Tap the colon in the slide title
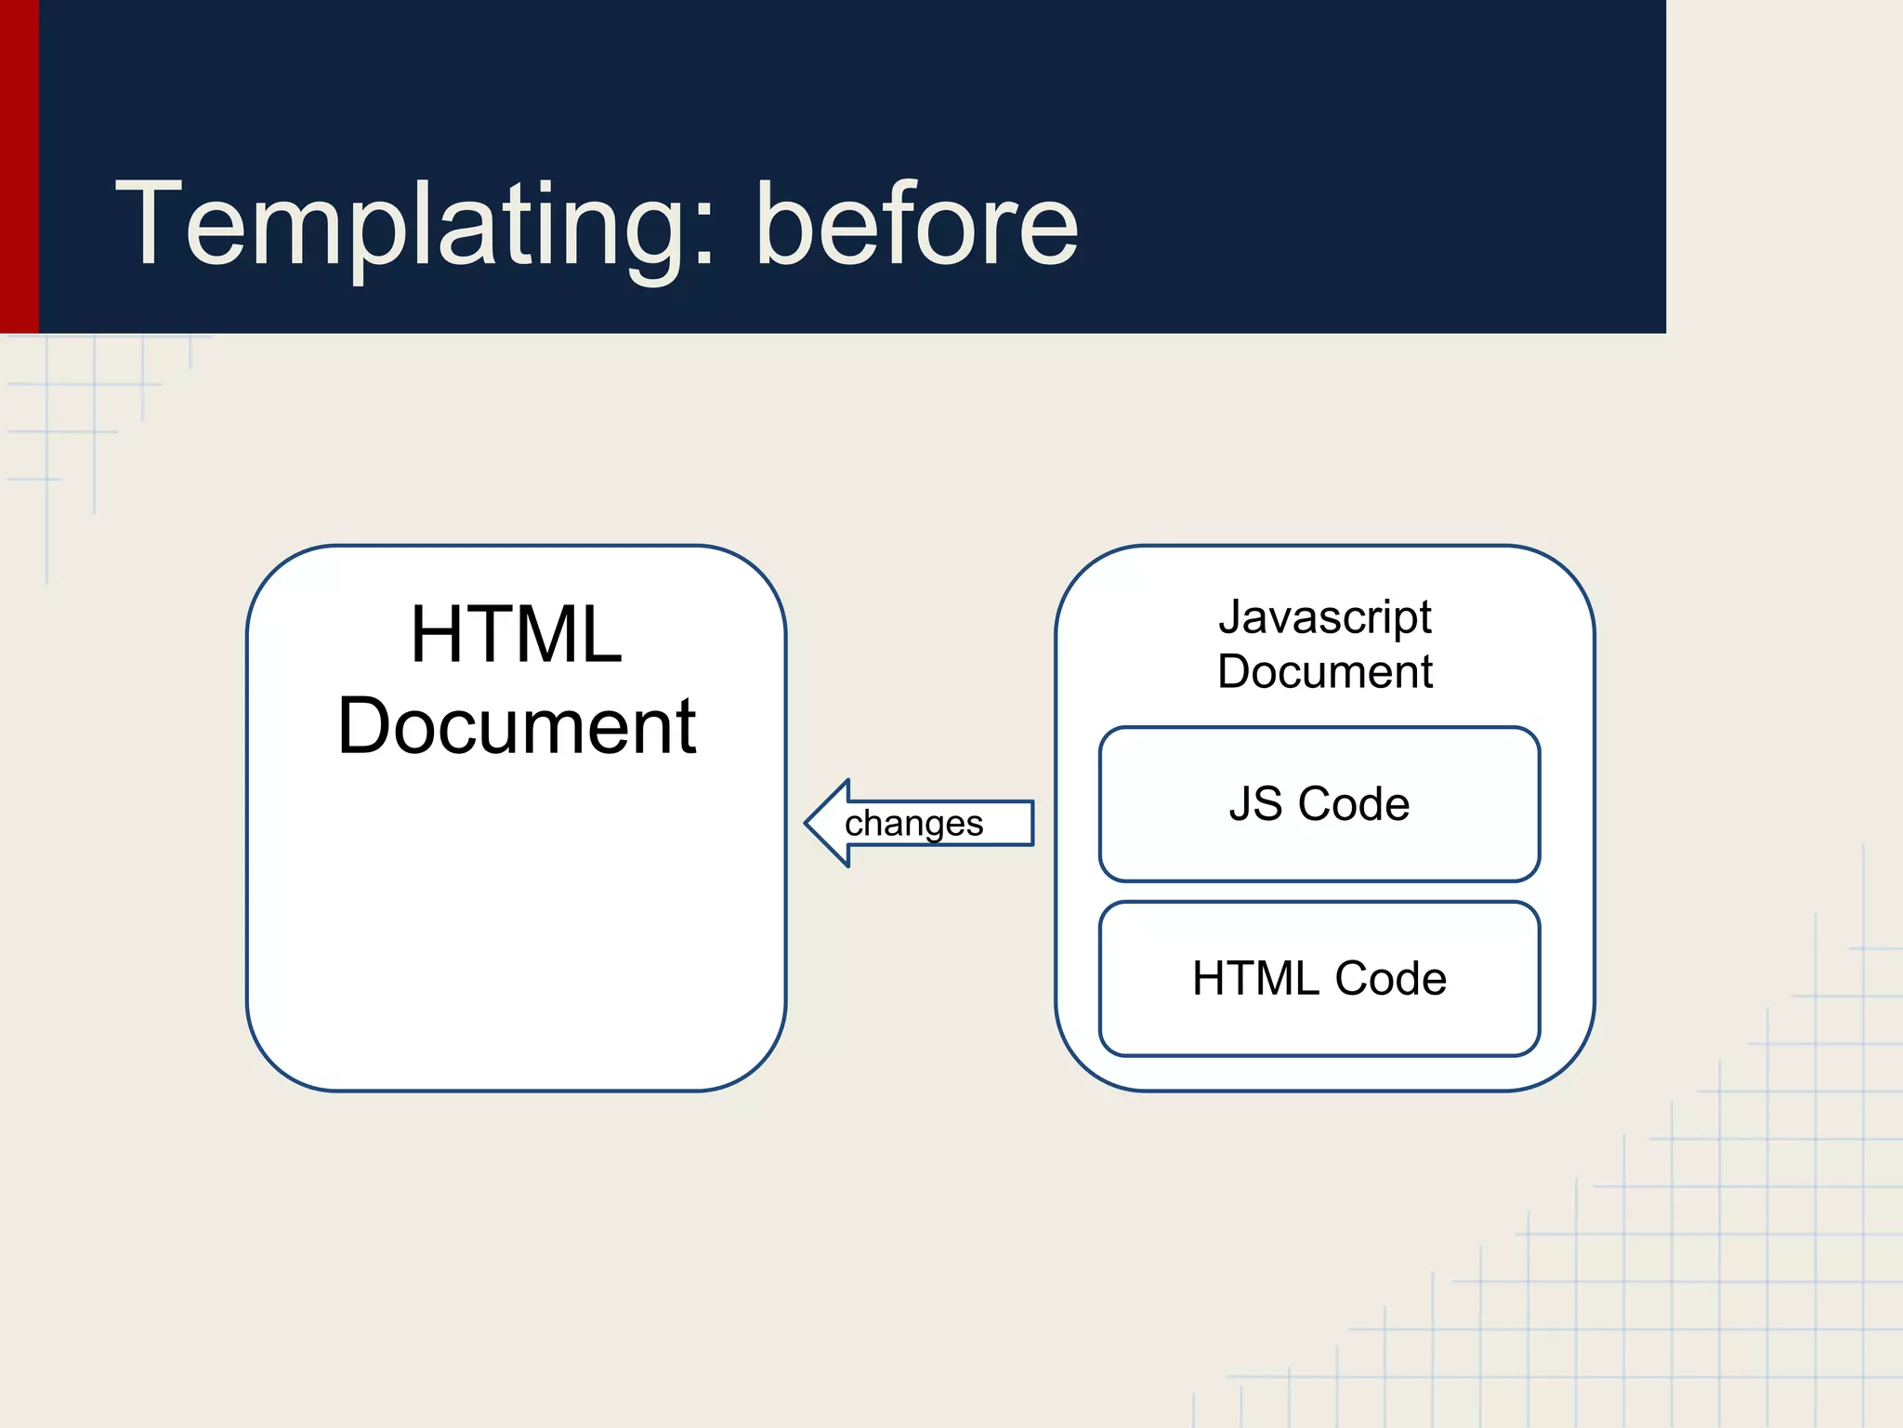click(703, 237)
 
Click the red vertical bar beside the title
click(19, 167)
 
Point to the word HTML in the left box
click(516, 635)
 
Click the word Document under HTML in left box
click(516, 726)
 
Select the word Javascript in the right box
click(1325, 618)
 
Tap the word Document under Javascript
click(1325, 671)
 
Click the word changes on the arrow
click(913, 824)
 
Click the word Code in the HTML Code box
click(1390, 979)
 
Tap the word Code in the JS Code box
click(1354, 804)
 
